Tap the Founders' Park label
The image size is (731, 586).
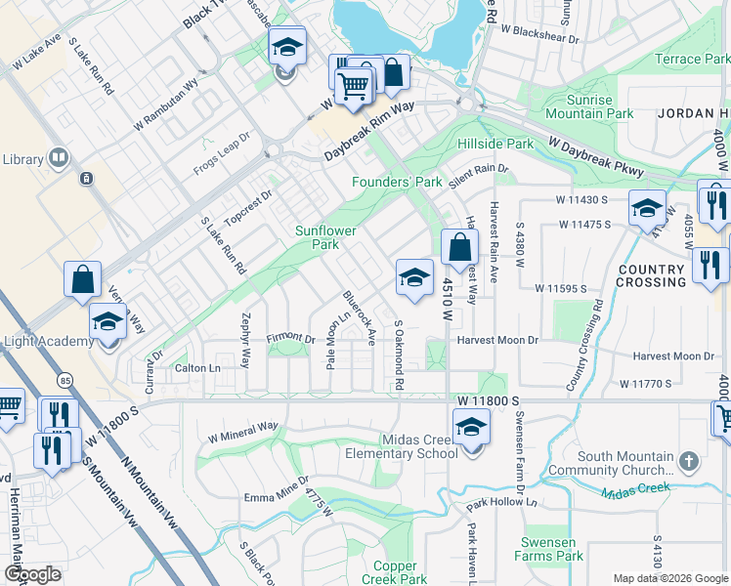point(397,183)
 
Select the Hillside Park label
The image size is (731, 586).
point(495,144)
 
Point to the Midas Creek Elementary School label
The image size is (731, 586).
point(402,446)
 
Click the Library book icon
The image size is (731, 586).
point(59,158)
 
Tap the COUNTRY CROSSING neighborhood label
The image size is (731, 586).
point(651,275)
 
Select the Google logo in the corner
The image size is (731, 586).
point(32,574)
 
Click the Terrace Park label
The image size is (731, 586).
point(691,60)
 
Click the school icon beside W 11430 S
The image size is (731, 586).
point(647,208)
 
